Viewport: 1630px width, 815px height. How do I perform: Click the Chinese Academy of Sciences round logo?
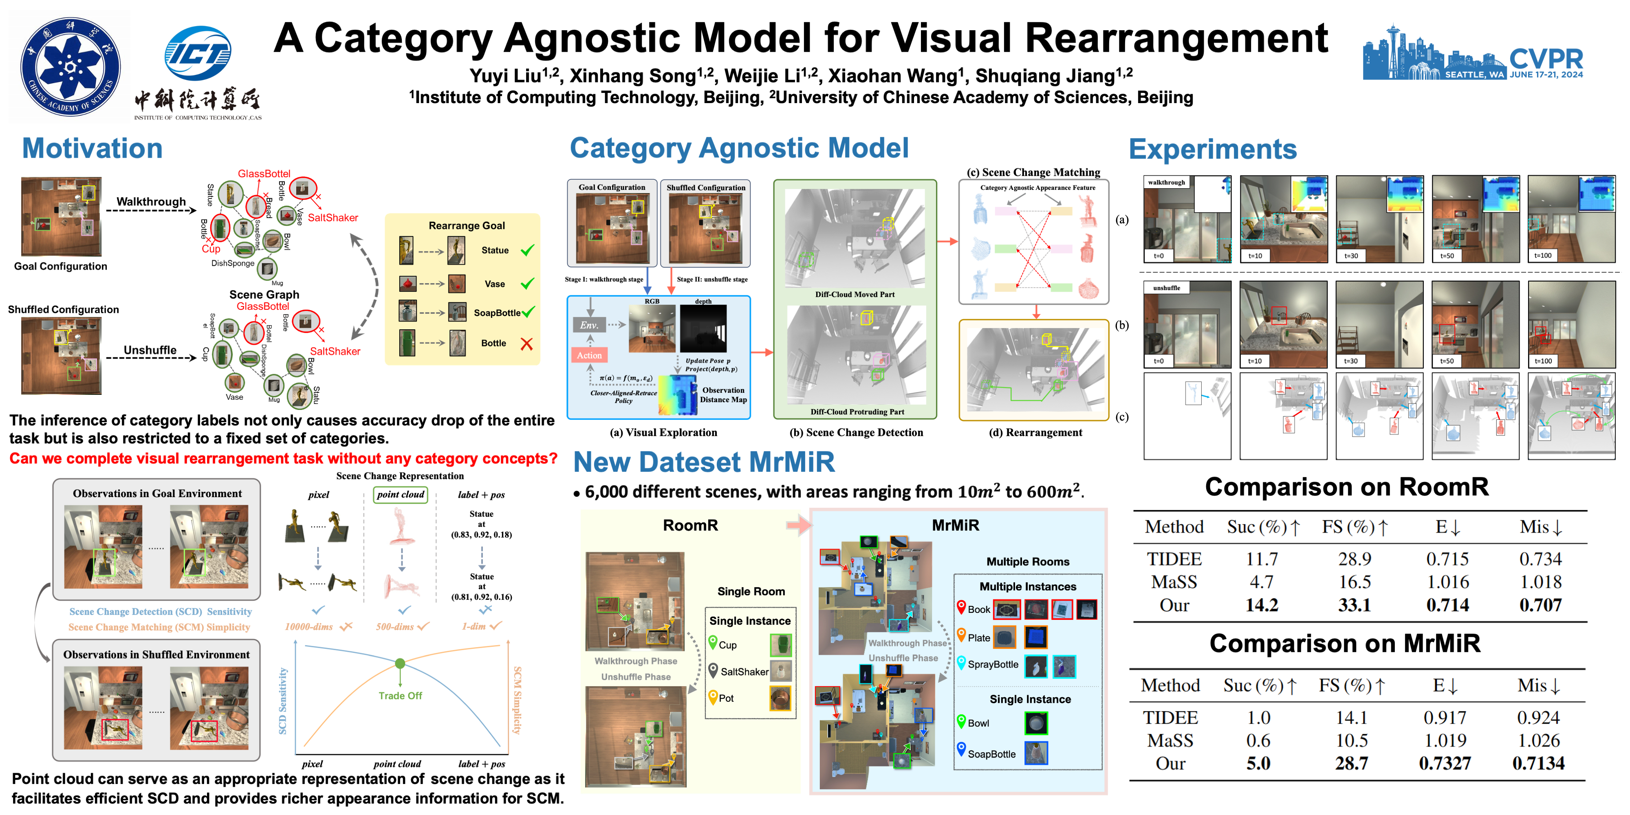tap(70, 66)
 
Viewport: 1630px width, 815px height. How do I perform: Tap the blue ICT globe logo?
tap(197, 53)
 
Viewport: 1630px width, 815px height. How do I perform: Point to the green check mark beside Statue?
tap(526, 251)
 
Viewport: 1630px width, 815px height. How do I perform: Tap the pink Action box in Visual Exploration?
tap(589, 355)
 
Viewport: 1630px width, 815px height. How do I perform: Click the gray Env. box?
tap(589, 325)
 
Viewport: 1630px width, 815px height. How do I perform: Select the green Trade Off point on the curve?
tap(400, 663)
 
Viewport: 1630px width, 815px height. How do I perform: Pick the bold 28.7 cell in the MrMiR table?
tap(1352, 764)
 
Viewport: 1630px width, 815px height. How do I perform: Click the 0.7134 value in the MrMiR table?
tap(1538, 764)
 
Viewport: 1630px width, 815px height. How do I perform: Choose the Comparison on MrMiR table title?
tap(1345, 643)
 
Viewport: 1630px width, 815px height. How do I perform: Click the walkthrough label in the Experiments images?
tap(1166, 182)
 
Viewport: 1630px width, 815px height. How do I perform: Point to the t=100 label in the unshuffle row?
tap(1543, 361)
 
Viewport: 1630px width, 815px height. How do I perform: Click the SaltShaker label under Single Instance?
tap(744, 672)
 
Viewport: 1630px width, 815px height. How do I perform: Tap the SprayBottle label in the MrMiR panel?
tap(993, 664)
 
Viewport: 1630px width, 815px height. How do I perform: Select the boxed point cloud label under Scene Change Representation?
tap(401, 495)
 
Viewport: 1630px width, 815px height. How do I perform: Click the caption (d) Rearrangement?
tap(1035, 433)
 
